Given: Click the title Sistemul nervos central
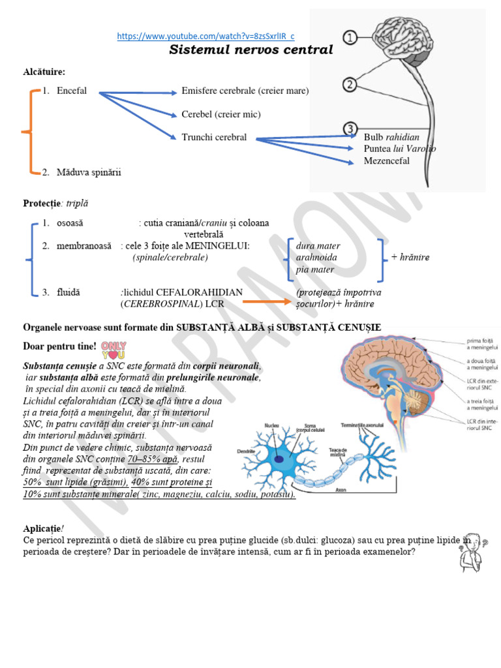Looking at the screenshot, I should [x=251, y=50].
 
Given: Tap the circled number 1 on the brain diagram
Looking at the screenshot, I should [x=350, y=37].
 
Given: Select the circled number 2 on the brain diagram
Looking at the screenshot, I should [x=350, y=84].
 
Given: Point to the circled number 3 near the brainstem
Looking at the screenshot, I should [x=350, y=129].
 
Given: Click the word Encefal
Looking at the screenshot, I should [x=71, y=91].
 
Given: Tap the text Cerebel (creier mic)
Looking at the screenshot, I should [x=220, y=114].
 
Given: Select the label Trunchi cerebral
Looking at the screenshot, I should [x=214, y=137].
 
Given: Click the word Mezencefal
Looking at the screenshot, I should [x=386, y=160].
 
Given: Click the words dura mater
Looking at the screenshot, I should [x=318, y=246].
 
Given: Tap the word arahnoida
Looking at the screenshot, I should [x=316, y=257].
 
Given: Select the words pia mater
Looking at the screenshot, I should [x=314, y=269].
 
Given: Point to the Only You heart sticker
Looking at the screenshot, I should [x=114, y=350].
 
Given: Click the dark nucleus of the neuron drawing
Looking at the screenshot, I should [x=279, y=459].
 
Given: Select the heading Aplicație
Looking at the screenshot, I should [x=42, y=528].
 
